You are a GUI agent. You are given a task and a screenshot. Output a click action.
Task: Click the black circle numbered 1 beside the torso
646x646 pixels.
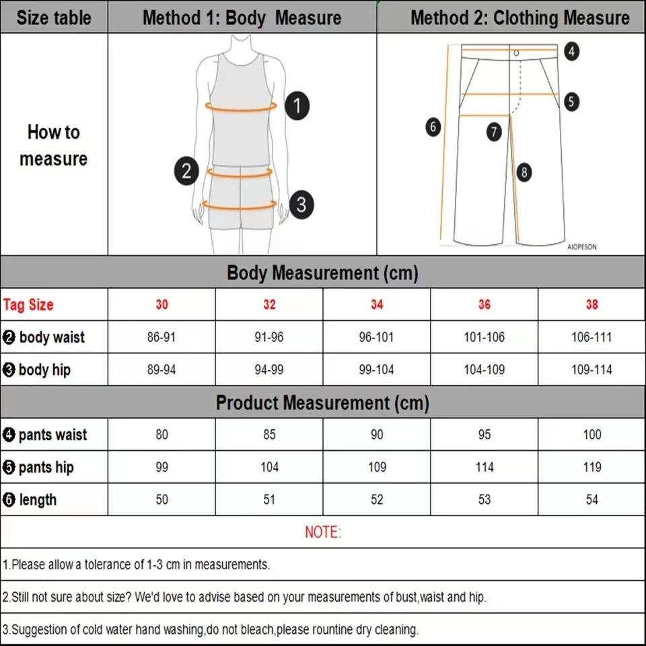[297, 107]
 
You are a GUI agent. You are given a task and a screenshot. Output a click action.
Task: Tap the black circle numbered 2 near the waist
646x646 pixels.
[186, 171]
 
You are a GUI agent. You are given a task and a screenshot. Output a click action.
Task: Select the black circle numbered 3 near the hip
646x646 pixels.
[301, 204]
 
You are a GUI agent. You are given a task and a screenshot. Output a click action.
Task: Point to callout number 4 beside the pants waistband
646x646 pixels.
[571, 51]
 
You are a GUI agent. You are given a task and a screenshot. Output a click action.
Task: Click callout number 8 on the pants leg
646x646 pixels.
[524, 172]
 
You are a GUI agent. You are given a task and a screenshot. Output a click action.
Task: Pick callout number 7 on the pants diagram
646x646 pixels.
[495, 131]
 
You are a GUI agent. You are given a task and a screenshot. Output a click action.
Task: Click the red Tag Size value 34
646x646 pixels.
[377, 305]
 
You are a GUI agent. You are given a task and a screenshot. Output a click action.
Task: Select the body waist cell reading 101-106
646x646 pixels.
[484, 337]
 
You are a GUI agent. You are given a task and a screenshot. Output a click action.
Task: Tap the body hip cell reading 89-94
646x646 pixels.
[161, 369]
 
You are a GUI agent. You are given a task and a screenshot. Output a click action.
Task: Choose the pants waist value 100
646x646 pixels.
[591, 435]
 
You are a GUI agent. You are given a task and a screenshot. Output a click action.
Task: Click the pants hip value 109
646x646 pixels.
[377, 467]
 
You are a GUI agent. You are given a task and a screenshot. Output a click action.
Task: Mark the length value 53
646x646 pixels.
[484, 499]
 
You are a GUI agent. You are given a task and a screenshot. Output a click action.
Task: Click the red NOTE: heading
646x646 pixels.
[323, 532]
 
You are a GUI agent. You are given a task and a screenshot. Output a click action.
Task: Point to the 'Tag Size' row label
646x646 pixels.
[28, 305]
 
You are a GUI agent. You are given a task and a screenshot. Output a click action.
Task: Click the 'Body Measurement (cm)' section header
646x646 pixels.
[322, 273]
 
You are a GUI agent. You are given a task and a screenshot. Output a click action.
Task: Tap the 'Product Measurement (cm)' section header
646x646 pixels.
[322, 403]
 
